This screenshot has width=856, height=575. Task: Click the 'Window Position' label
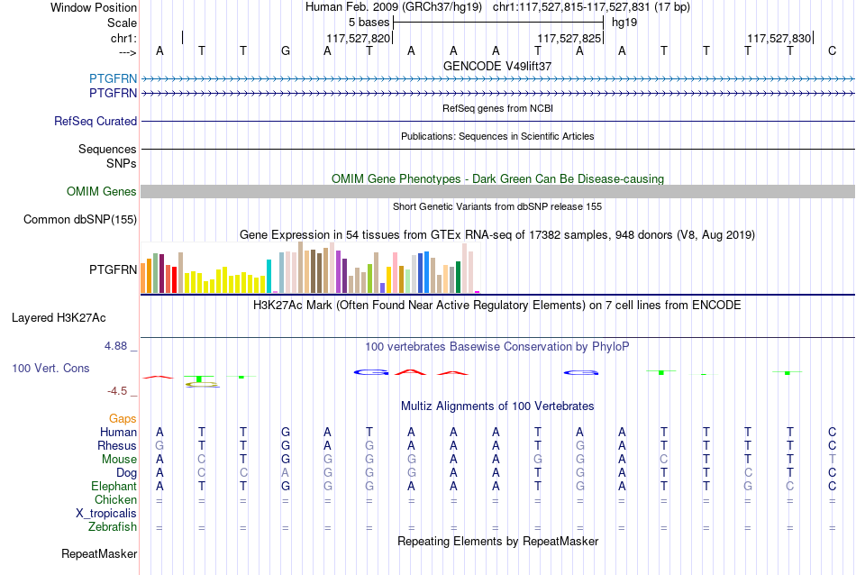coord(94,7)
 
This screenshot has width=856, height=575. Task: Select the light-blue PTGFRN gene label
coord(113,78)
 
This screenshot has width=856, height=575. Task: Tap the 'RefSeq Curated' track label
coord(96,122)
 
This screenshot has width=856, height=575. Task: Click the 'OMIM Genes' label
coord(102,192)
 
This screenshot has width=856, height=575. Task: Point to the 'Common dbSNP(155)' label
coord(80,220)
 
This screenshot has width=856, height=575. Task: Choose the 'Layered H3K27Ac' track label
coord(59,318)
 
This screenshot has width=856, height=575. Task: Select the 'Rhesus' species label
coord(117,445)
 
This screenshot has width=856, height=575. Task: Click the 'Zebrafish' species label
coord(113,527)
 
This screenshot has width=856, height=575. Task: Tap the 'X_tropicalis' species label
coord(106,514)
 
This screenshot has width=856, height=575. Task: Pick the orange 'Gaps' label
coord(123,419)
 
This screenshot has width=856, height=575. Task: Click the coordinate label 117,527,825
coord(569,38)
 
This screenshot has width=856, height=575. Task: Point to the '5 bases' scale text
coord(369,23)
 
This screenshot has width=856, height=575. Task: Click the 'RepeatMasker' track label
coord(99,553)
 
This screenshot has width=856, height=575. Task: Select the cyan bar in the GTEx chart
coord(269,277)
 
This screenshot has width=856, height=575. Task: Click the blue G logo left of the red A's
coord(371,372)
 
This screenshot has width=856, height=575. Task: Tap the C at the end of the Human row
coord(832,432)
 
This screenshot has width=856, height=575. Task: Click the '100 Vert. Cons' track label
coord(50,368)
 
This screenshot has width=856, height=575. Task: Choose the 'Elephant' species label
coord(114,487)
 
